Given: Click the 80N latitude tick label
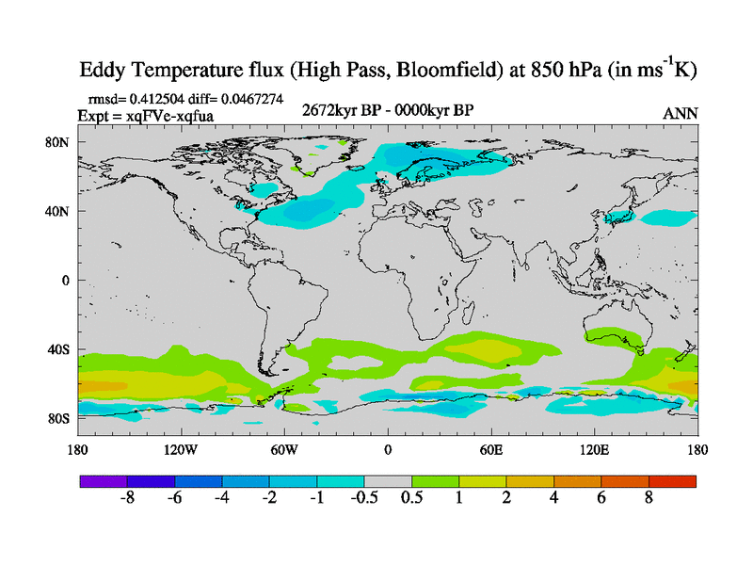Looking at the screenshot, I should (x=60, y=142).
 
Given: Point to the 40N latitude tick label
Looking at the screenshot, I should (x=60, y=211).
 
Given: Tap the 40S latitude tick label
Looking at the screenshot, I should (x=60, y=349).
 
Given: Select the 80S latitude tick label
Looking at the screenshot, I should (x=60, y=418).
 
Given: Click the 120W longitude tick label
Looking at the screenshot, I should (x=180, y=449).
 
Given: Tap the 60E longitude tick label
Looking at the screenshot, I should (x=490, y=449).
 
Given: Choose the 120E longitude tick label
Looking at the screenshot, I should (x=594, y=449).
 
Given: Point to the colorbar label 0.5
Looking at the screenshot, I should (x=411, y=499).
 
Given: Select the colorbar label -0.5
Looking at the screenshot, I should (x=363, y=499).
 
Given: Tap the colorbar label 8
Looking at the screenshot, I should (x=649, y=499).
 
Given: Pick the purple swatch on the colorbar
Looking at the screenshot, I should (x=103, y=481).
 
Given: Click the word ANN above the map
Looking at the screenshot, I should (x=681, y=113).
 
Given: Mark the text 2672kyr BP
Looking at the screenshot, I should (x=337, y=111).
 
